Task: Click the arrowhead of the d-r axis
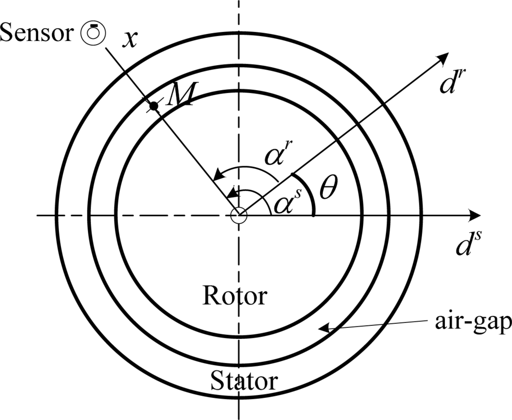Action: tap(442, 58)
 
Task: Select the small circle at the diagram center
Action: tap(239, 216)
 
